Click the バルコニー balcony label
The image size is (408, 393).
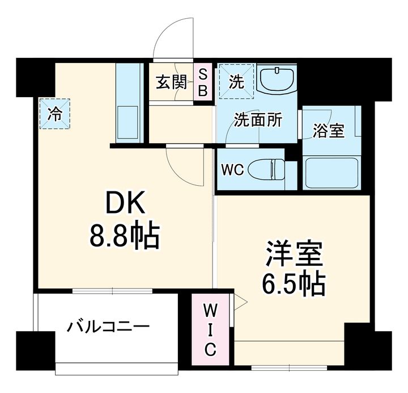108,327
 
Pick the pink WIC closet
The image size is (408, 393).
210,329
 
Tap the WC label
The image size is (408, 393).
232,170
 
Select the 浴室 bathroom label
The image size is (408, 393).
329,130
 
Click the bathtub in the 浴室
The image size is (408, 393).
331,173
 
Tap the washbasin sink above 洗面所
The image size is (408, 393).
277,78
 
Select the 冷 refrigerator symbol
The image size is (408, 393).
55,112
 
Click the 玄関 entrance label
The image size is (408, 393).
172,83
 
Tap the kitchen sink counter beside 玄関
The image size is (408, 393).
129,103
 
